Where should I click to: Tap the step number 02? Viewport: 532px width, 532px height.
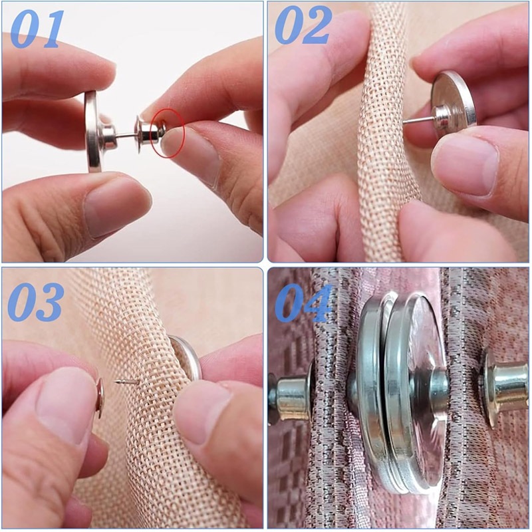(x=303, y=25)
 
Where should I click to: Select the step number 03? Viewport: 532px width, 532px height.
(x=35, y=302)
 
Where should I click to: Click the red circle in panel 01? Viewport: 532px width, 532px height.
(x=168, y=132)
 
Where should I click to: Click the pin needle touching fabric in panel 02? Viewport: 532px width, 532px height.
(x=418, y=120)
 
